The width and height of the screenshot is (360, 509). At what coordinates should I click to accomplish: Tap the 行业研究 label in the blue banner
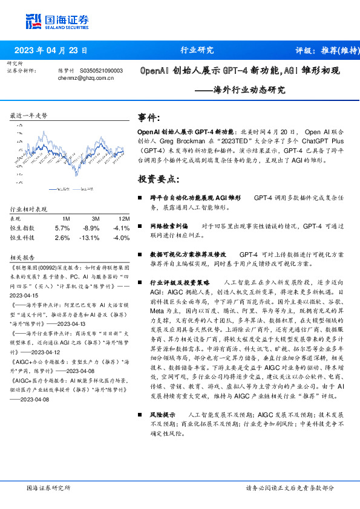point(197,50)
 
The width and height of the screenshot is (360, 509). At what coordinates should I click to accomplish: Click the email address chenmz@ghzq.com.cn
point(86,77)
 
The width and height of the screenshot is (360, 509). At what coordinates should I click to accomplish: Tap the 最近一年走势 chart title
point(28,115)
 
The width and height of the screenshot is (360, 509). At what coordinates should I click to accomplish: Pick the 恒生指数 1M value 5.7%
point(63,228)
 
